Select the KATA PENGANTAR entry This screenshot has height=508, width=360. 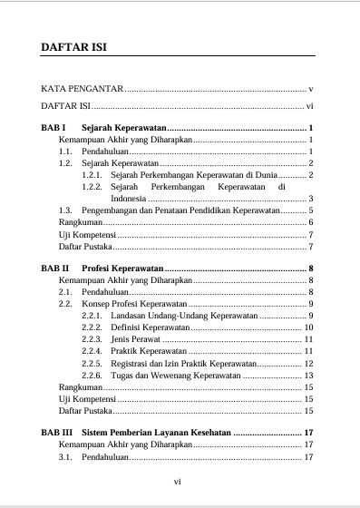click(x=82, y=90)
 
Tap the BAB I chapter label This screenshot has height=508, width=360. click(x=55, y=128)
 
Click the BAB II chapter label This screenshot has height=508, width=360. click(x=57, y=269)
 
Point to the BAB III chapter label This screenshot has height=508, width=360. click(x=59, y=433)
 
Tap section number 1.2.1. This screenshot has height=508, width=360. click(x=92, y=174)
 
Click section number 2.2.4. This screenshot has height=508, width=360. click(x=92, y=351)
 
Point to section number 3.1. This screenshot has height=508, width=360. click(x=66, y=457)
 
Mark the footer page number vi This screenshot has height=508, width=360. click(x=179, y=483)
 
